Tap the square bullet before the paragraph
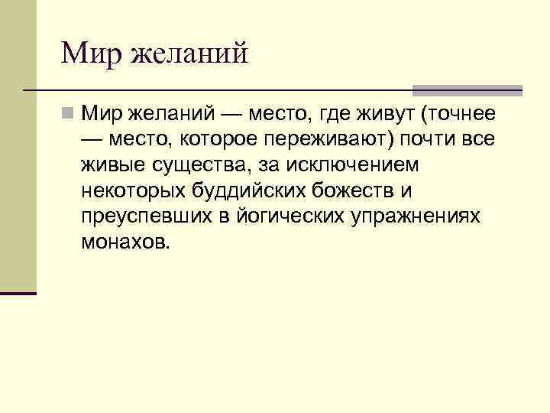[x=69, y=114]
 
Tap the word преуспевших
[x=144, y=216]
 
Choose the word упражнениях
[x=417, y=216]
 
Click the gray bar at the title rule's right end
[x=467, y=89]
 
